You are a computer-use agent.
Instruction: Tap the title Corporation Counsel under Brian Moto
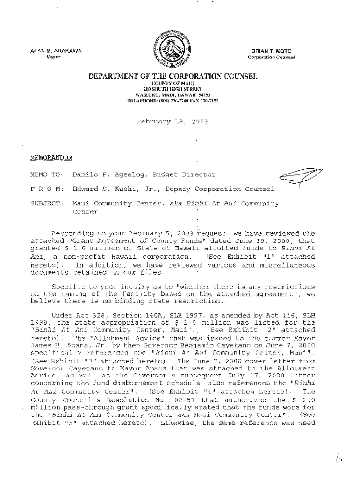(x=271, y=58)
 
